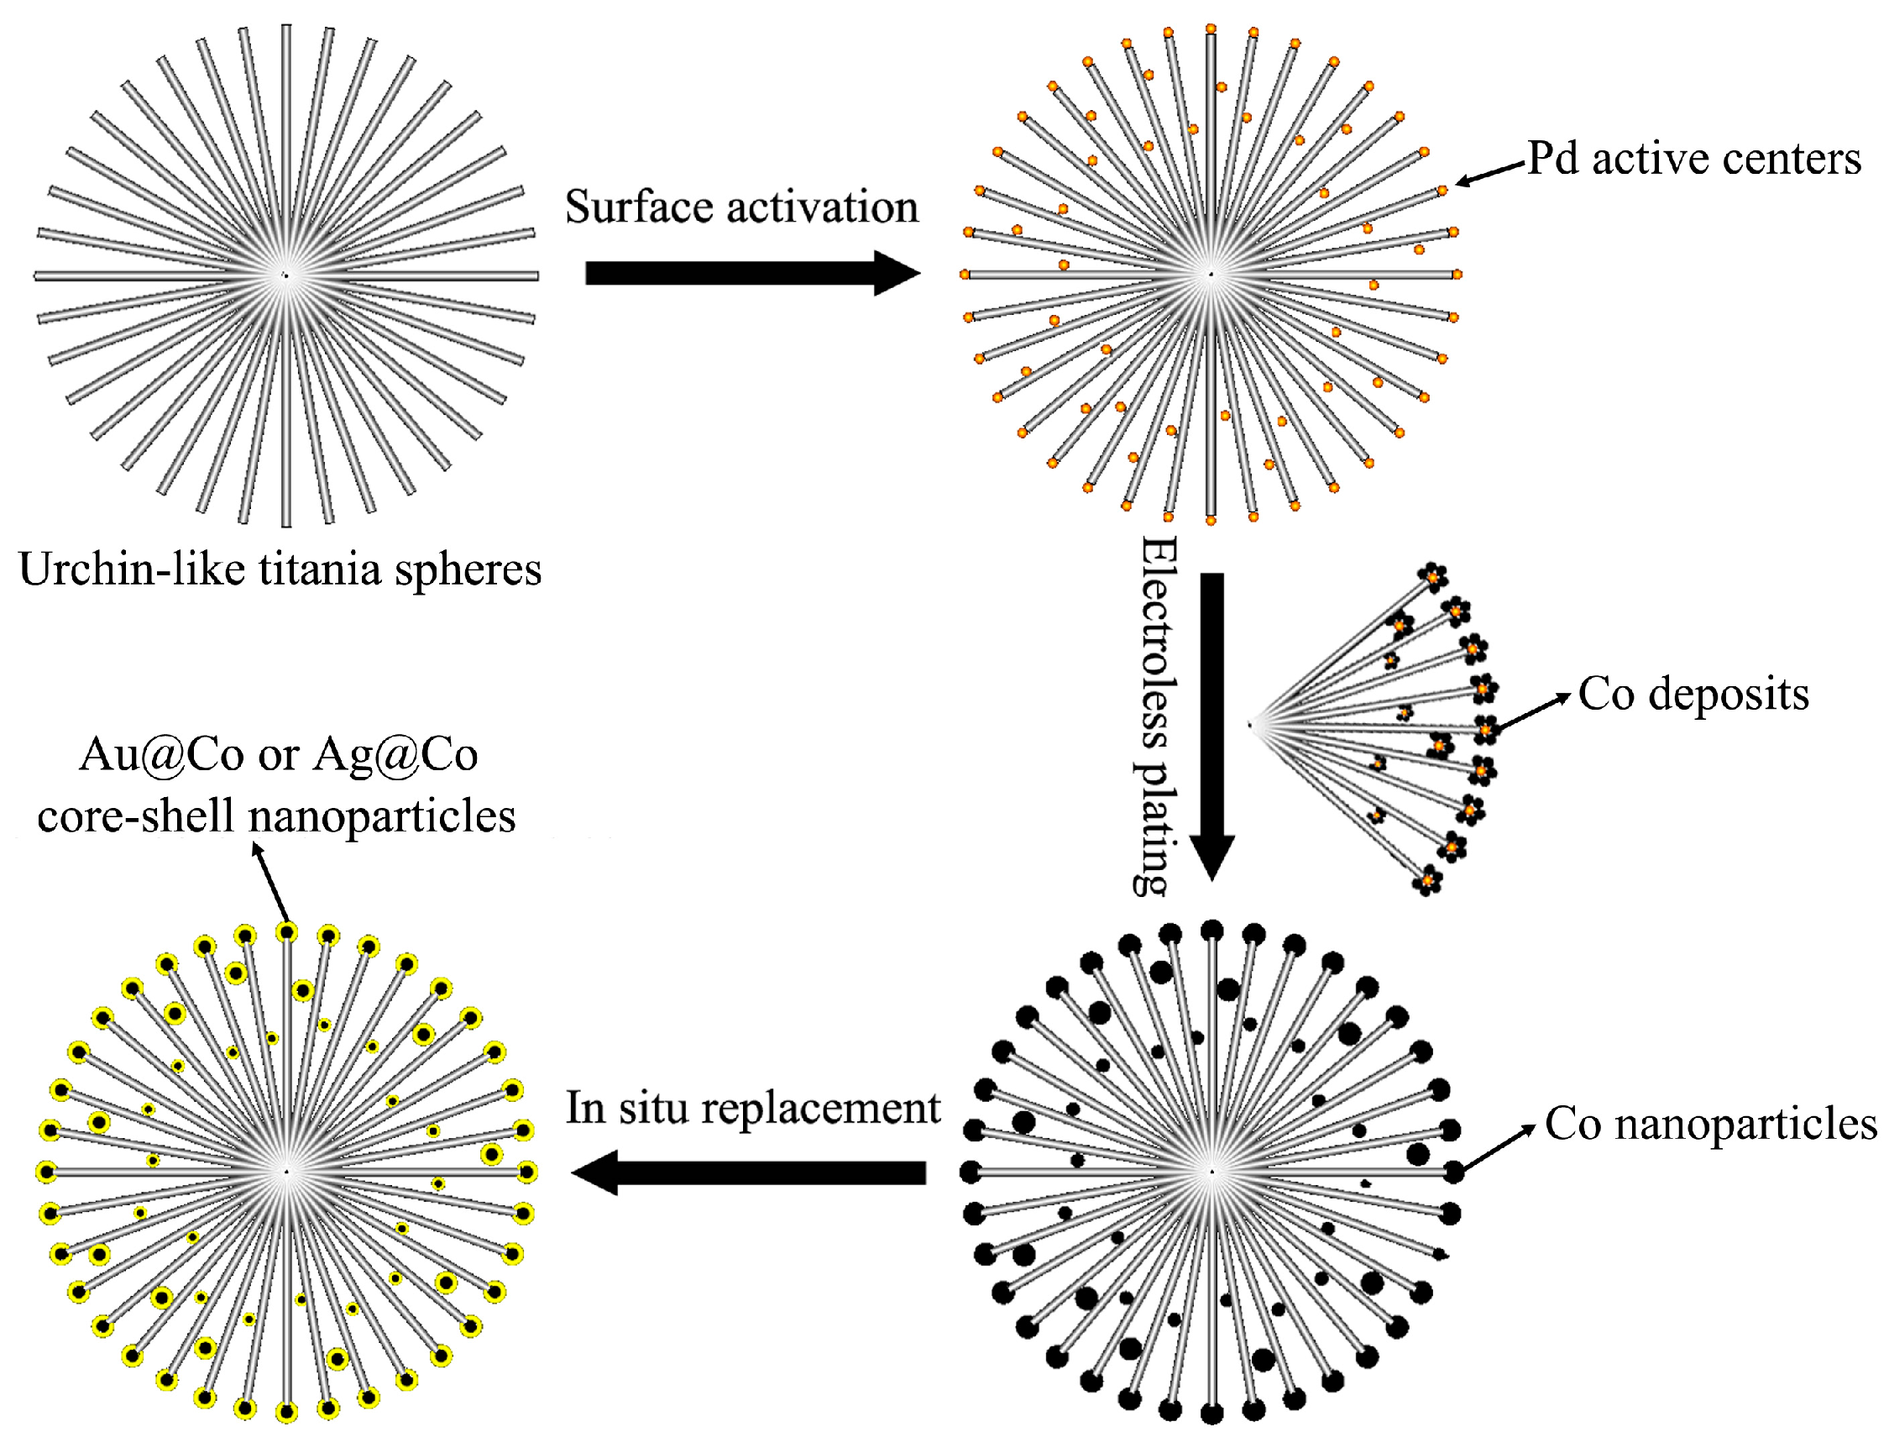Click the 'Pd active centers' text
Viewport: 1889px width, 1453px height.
click(x=1693, y=158)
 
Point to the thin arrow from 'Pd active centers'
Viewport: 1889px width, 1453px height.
click(x=1489, y=172)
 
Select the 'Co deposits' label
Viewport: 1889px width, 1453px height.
click(x=1693, y=694)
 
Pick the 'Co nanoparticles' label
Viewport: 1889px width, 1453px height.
click(x=1710, y=1124)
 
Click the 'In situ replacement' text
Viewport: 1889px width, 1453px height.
click(x=752, y=1107)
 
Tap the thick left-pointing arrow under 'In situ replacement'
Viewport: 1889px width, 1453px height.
click(x=749, y=1172)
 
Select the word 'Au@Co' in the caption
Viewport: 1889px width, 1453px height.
click(x=162, y=754)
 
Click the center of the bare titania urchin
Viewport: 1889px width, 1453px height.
click(x=286, y=275)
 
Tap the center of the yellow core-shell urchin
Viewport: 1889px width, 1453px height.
click(x=286, y=1172)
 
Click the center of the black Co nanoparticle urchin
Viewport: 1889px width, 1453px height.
click(x=1211, y=1172)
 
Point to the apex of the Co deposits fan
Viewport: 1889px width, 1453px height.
click(x=1251, y=725)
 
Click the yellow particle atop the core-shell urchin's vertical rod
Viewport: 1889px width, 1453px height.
click(x=286, y=931)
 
